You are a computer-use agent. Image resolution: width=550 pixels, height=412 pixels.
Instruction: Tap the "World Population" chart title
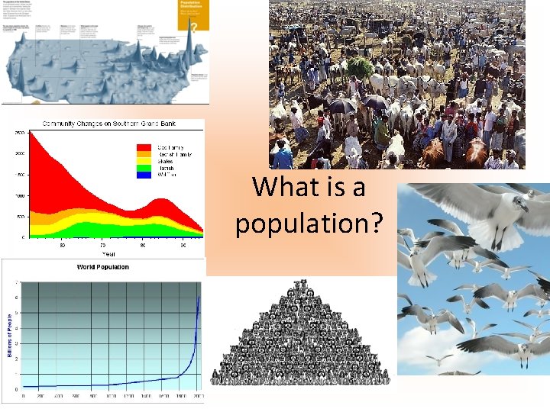(x=102, y=267)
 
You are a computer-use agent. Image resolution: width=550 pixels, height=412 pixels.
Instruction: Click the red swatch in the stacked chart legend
(x=143, y=146)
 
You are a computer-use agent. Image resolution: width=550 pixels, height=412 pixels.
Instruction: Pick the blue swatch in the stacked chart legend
(x=143, y=175)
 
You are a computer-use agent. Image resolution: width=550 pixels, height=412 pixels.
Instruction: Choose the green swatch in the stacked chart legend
(x=143, y=168)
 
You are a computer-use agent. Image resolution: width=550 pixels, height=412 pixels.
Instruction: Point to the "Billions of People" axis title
(x=10, y=336)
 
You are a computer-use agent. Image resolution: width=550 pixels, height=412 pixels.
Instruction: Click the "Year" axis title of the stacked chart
(x=110, y=254)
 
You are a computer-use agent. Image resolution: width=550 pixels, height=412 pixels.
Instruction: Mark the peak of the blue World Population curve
(x=199, y=296)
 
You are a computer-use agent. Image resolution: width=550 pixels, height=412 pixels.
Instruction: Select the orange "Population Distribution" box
(x=193, y=15)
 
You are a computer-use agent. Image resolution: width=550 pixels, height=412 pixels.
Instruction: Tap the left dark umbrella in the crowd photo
(x=342, y=106)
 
